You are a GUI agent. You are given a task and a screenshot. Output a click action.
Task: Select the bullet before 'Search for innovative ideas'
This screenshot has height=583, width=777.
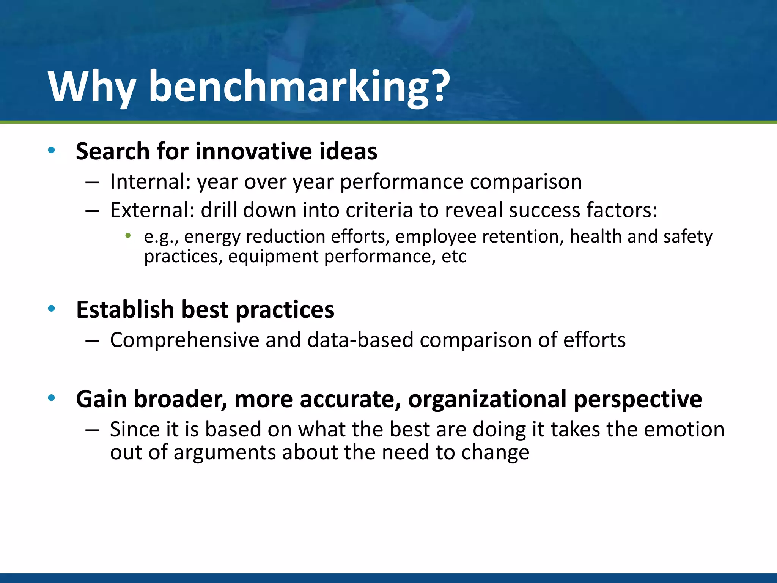[x=52, y=151]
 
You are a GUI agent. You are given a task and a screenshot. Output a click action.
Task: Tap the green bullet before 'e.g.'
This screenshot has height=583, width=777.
[x=128, y=236]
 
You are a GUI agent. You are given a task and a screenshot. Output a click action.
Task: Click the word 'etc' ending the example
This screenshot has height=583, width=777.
[x=454, y=257]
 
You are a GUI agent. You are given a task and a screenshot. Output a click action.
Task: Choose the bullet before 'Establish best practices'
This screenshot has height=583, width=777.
[x=52, y=309]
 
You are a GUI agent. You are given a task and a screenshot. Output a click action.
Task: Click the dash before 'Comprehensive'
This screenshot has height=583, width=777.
[x=92, y=340]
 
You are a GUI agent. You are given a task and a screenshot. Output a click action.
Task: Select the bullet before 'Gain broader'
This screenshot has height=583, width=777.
[x=52, y=398]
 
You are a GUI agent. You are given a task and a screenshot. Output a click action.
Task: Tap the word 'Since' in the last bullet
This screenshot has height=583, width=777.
[x=134, y=429]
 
